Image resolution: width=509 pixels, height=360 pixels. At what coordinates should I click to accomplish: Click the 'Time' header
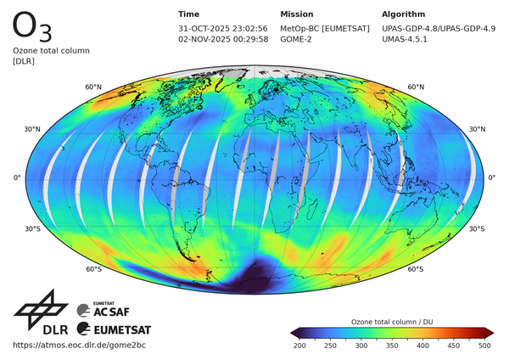click(189, 14)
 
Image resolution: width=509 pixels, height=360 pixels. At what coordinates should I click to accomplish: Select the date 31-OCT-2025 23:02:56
click(223, 28)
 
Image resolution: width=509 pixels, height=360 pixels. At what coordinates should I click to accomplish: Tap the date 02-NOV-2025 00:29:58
click(223, 39)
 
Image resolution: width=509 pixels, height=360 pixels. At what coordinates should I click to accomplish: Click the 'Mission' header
click(296, 14)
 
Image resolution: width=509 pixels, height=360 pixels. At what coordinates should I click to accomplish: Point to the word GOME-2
click(297, 39)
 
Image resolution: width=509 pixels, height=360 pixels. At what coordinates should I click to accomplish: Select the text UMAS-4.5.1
click(405, 39)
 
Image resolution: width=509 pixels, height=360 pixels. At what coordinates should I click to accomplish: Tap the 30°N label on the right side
click(477, 129)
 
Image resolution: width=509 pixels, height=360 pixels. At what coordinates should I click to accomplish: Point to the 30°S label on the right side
click(477, 228)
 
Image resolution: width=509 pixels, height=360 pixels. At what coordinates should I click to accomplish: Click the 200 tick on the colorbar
click(299, 346)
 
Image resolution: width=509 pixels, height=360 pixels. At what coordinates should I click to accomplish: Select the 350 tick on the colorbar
click(392, 346)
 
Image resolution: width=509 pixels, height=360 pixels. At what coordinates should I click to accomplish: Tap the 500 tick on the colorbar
click(484, 346)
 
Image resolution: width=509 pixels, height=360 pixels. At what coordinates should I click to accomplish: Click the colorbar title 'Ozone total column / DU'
click(391, 322)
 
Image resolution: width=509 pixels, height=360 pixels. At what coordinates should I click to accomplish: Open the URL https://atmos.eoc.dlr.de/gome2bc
click(80, 345)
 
